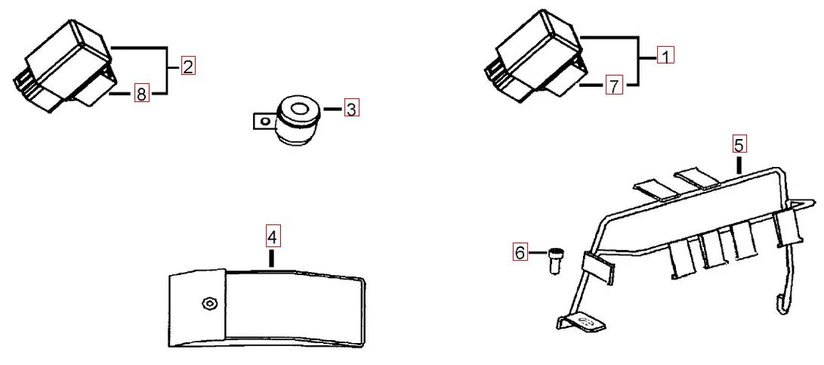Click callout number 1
[665, 56]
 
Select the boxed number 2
[187, 67]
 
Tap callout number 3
[351, 109]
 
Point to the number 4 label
[273, 237]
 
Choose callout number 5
[739, 144]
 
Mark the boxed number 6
[520, 253]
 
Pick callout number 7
[613, 87]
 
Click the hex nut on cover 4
[208, 305]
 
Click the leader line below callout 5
[739, 164]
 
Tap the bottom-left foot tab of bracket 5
[582, 323]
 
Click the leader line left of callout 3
[333, 110]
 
